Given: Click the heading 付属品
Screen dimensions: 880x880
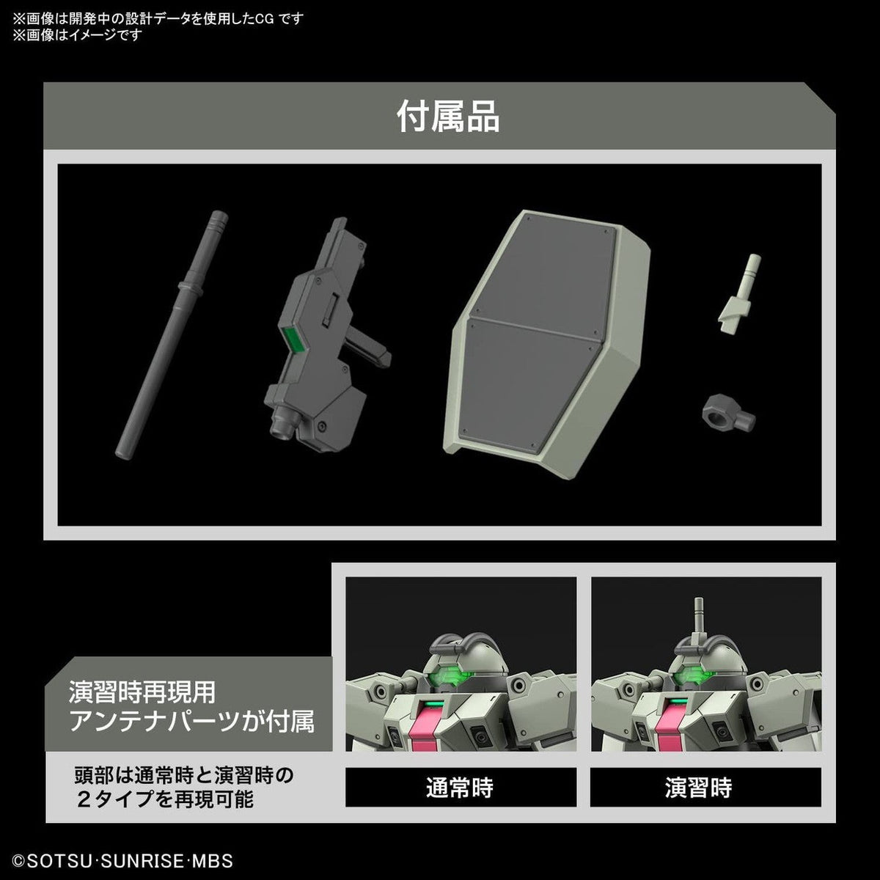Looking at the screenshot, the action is (x=448, y=117).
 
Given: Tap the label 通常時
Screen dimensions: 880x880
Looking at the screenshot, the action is (x=460, y=788).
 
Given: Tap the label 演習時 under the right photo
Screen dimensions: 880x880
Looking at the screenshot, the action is (x=699, y=788).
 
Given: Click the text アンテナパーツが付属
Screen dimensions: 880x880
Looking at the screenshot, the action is (x=192, y=722).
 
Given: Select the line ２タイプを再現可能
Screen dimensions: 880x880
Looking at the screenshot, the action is (x=165, y=799).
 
